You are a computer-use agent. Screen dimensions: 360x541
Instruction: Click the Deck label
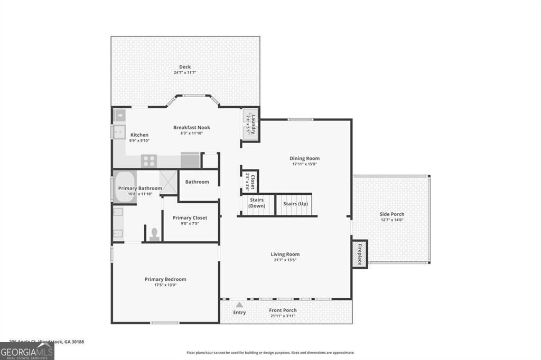[185, 67]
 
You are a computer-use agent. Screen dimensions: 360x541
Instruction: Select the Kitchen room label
[139, 135]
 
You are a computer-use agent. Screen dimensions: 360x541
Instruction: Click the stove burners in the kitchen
[149, 160]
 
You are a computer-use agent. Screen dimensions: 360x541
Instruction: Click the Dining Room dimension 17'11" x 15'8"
[304, 165]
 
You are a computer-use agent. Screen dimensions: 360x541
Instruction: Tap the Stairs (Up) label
[295, 204]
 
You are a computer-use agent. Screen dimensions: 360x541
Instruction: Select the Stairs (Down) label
[257, 203]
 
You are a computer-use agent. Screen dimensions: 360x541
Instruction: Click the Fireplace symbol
[360, 254]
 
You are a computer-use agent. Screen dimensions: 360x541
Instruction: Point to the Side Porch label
[392, 214]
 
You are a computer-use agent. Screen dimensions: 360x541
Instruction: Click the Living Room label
[285, 254]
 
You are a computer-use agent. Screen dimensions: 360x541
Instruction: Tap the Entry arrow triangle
[239, 305]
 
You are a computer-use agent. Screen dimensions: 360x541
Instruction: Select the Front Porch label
[283, 310]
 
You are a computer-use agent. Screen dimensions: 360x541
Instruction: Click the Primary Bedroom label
[165, 279]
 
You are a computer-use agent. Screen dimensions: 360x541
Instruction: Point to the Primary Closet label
[190, 218]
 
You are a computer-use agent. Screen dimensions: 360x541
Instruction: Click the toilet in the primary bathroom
[154, 233]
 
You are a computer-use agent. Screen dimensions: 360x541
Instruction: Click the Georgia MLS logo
[27, 352]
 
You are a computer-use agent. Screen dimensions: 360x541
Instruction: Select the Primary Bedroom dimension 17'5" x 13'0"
[165, 286]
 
